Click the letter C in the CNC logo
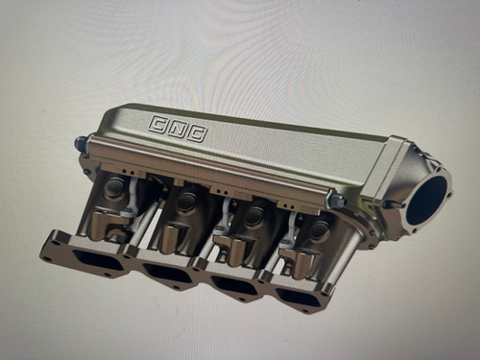[157, 122]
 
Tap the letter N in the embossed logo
[176, 128]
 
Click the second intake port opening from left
[164, 275]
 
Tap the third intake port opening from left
[232, 287]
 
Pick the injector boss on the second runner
[186, 203]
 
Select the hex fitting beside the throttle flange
[337, 199]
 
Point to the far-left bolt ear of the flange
[49, 254]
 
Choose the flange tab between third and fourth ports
[266, 279]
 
